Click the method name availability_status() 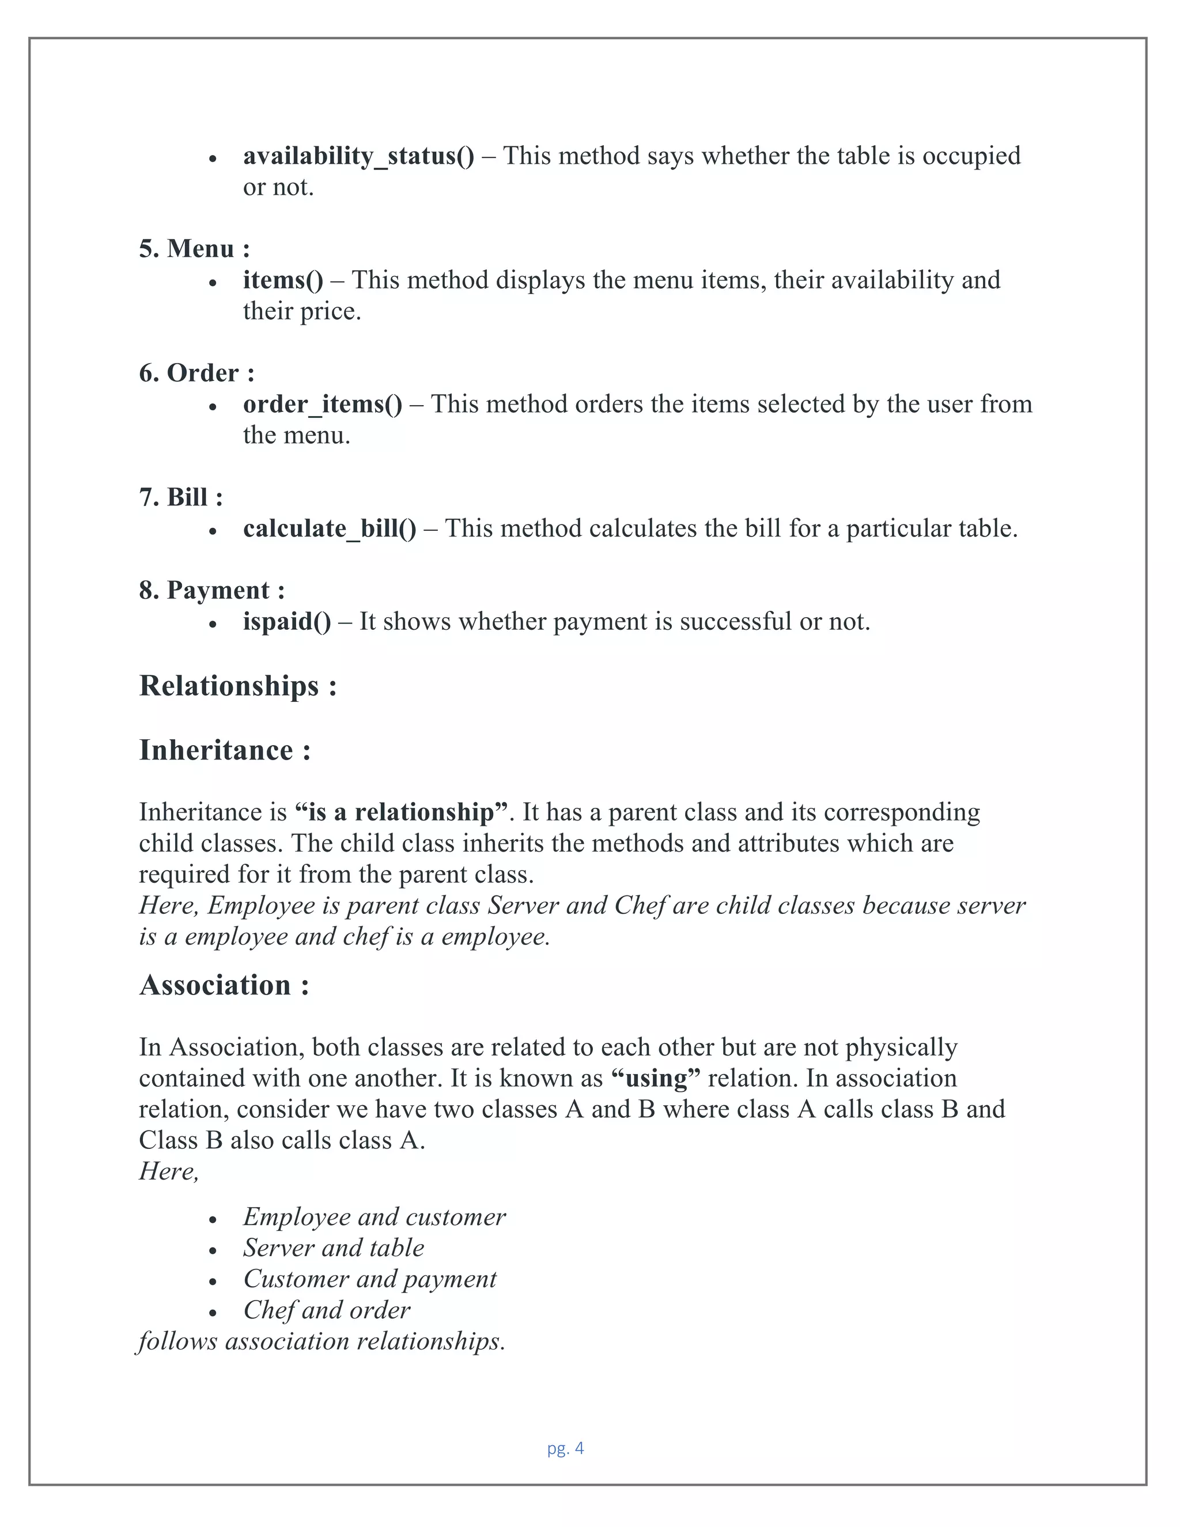[358, 156]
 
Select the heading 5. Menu [194, 249]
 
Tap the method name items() [282, 281]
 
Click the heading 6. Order [196, 373]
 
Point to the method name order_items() [322, 404]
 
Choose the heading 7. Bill [180, 498]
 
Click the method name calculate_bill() [329, 528]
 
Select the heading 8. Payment [211, 591]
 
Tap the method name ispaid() [286, 622]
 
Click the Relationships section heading [238, 686]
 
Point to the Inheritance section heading [224, 751]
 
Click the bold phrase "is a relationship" [401, 812]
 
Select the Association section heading [224, 986]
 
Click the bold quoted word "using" [655, 1079]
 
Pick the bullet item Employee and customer [374, 1217]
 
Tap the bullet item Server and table [334, 1248]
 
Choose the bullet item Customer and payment [369, 1279]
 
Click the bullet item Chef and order [327, 1310]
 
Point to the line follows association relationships [321, 1341]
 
